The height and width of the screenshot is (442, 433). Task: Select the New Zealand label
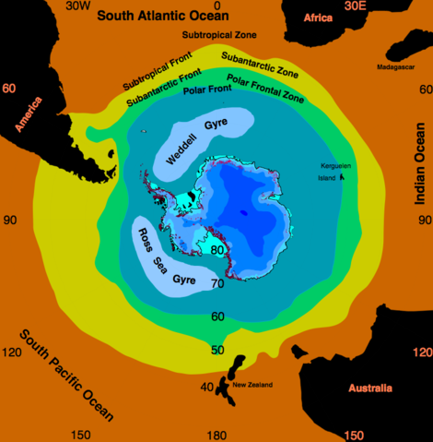[x=252, y=384]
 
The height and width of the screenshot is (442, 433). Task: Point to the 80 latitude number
[x=219, y=249]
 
